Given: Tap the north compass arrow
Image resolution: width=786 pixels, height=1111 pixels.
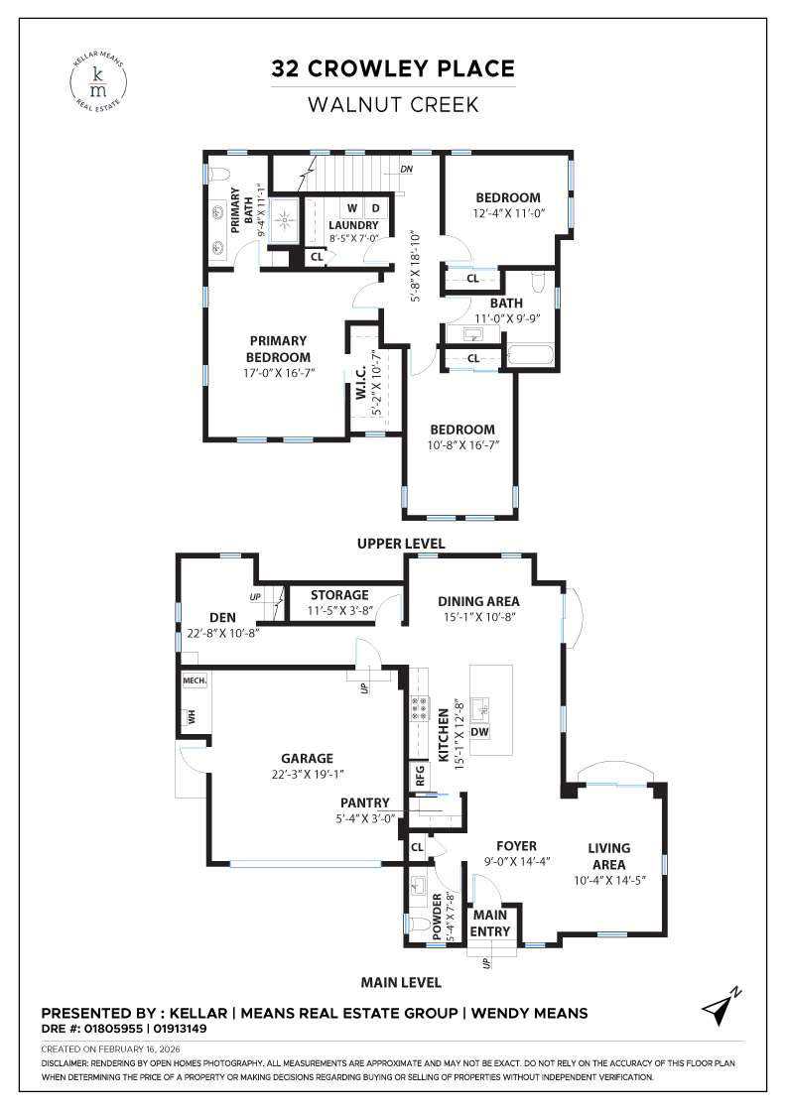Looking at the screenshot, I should tap(720, 1006).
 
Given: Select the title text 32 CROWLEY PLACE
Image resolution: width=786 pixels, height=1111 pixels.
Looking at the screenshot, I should tap(393, 68).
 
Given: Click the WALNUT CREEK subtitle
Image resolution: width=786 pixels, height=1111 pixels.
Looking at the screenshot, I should tap(393, 103).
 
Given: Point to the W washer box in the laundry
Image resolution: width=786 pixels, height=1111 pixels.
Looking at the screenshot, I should tap(351, 208).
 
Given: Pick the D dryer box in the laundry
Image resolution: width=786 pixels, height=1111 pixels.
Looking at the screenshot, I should tap(376, 208).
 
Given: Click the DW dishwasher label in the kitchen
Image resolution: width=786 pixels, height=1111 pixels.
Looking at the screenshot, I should tap(479, 732).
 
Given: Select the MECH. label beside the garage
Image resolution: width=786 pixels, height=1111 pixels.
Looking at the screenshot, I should tap(193, 681).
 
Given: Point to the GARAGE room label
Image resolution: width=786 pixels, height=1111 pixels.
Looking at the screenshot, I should tap(307, 758).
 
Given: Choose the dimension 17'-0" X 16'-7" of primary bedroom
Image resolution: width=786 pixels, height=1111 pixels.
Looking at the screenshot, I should tap(264, 374).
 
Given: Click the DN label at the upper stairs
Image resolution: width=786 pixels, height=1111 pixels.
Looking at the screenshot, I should tap(406, 170).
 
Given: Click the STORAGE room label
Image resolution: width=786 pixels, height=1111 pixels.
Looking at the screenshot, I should tap(338, 595).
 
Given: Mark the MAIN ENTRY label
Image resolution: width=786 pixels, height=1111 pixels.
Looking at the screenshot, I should tap(490, 923).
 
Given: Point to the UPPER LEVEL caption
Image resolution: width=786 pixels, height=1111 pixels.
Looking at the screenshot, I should tap(401, 544).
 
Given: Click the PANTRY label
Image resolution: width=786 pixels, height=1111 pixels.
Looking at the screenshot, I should tap(365, 802).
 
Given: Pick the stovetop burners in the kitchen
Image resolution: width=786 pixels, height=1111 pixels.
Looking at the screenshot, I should tap(418, 707).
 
